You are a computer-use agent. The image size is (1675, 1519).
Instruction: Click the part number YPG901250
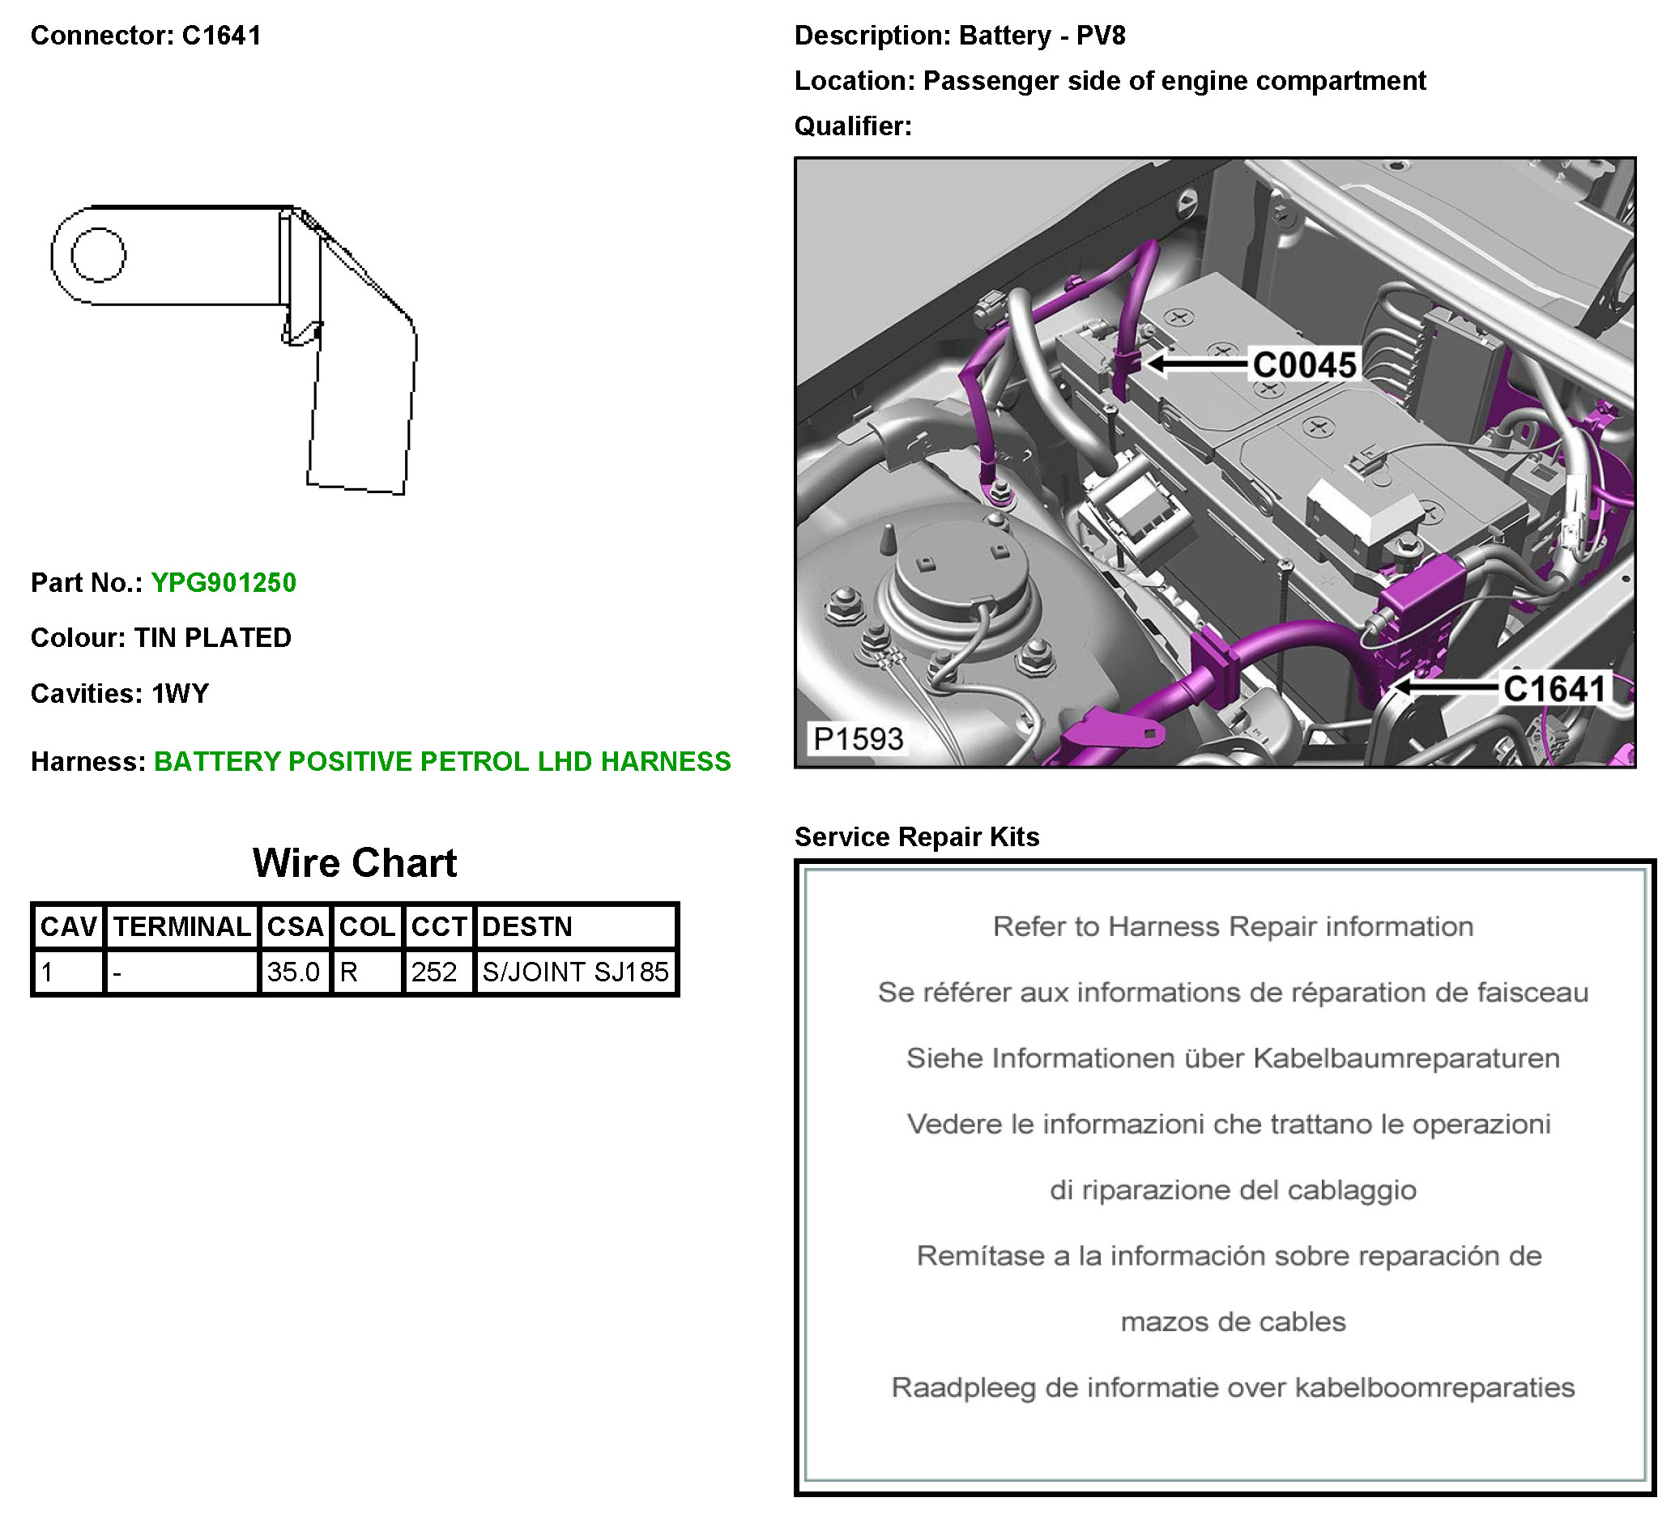224,583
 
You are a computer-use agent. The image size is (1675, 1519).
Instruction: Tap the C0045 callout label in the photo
1304,365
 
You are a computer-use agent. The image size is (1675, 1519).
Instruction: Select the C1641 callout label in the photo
1554,689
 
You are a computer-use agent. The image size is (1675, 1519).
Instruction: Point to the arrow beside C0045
1197,364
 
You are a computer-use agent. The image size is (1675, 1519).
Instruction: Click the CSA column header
295,927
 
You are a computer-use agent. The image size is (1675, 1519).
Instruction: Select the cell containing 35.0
293,972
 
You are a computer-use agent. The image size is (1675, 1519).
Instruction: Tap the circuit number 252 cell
434,972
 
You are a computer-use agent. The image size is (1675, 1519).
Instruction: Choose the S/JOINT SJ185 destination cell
575,972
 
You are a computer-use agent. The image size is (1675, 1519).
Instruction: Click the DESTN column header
526,927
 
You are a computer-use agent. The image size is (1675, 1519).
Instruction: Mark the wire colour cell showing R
349,972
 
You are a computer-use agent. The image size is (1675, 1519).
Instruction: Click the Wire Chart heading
355,863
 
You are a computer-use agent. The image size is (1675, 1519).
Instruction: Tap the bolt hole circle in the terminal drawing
98,255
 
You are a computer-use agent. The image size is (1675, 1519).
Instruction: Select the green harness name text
442,762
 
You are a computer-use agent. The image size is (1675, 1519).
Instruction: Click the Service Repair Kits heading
916,837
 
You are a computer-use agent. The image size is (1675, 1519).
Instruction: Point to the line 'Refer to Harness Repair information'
1233,927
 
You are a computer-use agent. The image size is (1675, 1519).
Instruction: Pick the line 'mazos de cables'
1233,1322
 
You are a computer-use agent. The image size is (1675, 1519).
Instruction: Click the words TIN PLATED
213,638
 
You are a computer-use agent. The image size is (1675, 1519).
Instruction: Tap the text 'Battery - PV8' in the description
1042,36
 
